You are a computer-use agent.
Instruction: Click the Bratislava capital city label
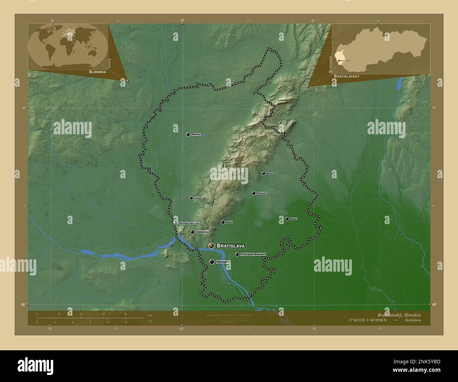(231, 246)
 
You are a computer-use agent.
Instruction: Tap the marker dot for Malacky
(188, 134)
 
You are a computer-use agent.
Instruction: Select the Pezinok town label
(261, 193)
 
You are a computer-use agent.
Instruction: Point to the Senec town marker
(287, 219)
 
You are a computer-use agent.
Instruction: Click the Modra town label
(270, 173)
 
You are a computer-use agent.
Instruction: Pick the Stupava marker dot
(191, 198)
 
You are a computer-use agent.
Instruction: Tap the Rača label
(229, 222)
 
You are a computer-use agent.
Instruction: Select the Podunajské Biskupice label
(253, 254)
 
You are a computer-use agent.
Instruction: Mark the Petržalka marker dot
(211, 262)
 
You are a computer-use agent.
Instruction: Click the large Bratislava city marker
(211, 246)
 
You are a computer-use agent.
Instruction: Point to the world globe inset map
(68, 46)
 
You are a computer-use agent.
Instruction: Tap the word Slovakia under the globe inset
(93, 72)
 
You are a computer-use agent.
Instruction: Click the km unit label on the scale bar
(150, 315)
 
